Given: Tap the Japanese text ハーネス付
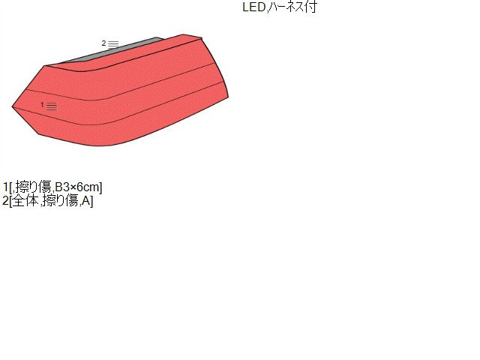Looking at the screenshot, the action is pyautogui.click(x=293, y=7).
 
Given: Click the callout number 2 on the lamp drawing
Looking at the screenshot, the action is pyautogui.click(x=103, y=43).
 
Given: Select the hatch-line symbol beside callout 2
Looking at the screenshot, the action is pyautogui.click(x=113, y=44).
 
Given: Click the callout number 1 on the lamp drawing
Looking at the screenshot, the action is pyautogui.click(x=42, y=105).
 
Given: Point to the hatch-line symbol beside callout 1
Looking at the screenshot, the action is pyautogui.click(x=52, y=106).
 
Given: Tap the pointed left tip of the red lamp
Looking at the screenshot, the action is pyautogui.click(x=13, y=106).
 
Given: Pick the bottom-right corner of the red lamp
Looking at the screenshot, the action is pyautogui.click(x=228, y=97).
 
